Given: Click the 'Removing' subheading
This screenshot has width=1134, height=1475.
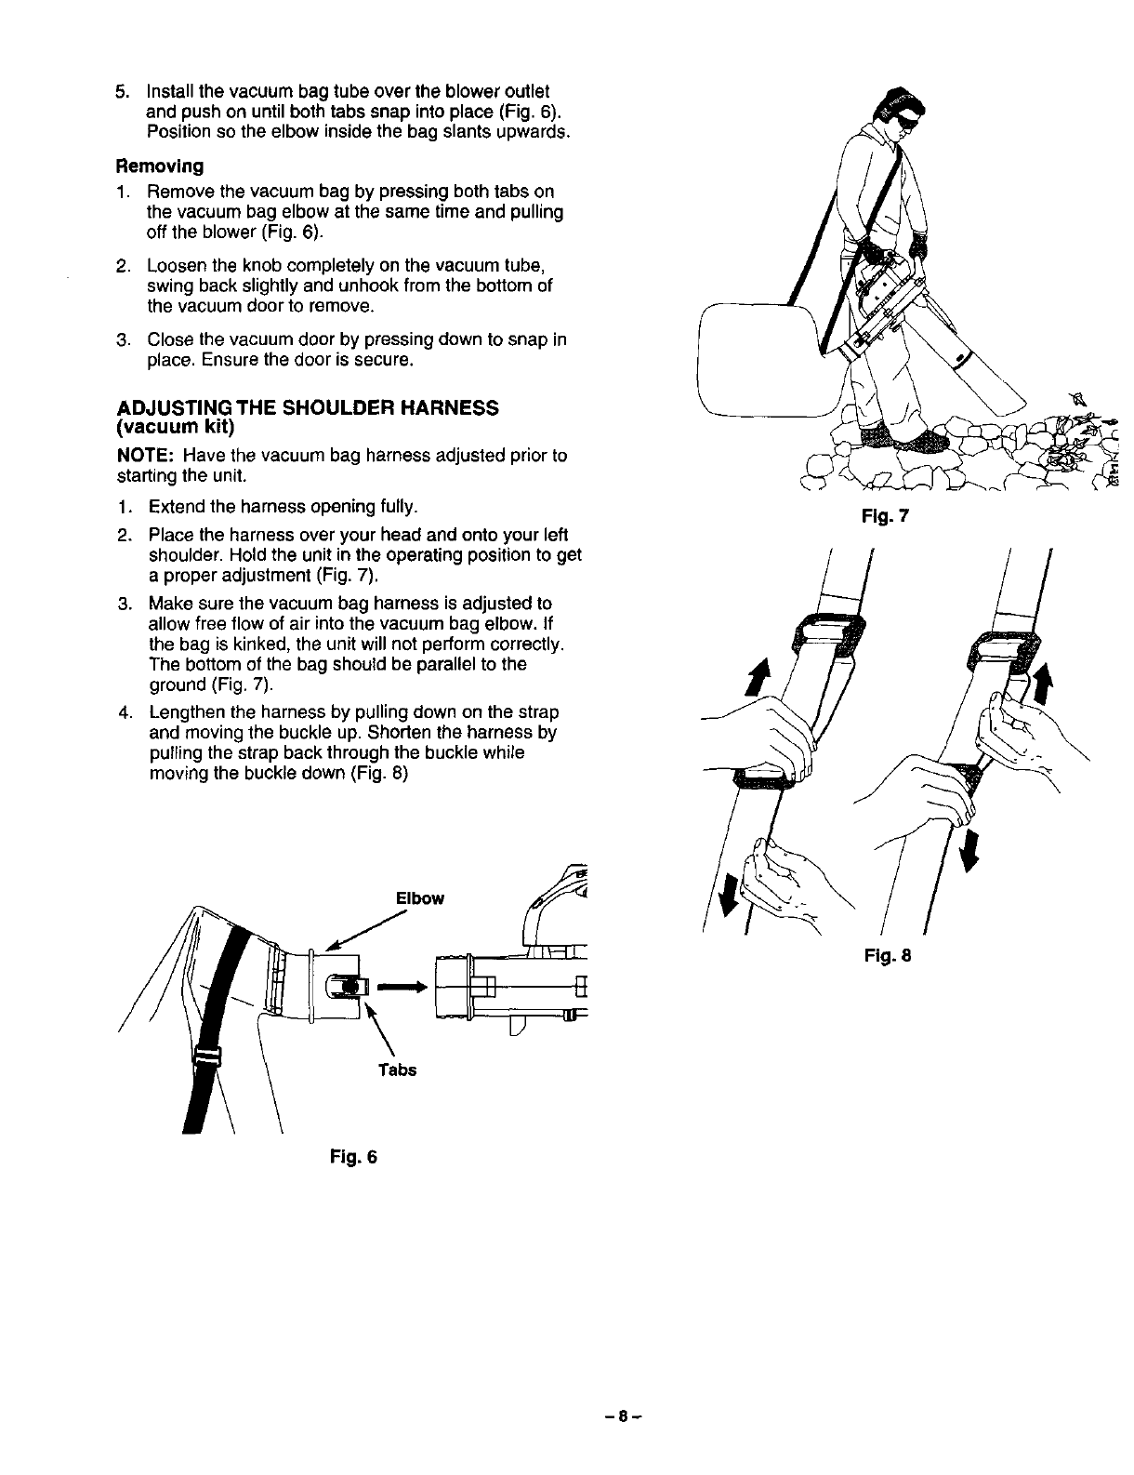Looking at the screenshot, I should coord(159,166).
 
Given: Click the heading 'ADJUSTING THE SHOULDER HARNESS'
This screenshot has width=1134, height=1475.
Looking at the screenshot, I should coord(308,408).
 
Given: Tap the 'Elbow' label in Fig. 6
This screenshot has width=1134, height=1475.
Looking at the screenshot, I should coord(420,898).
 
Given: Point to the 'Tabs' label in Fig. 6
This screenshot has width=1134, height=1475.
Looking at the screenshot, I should coord(397,1070).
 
